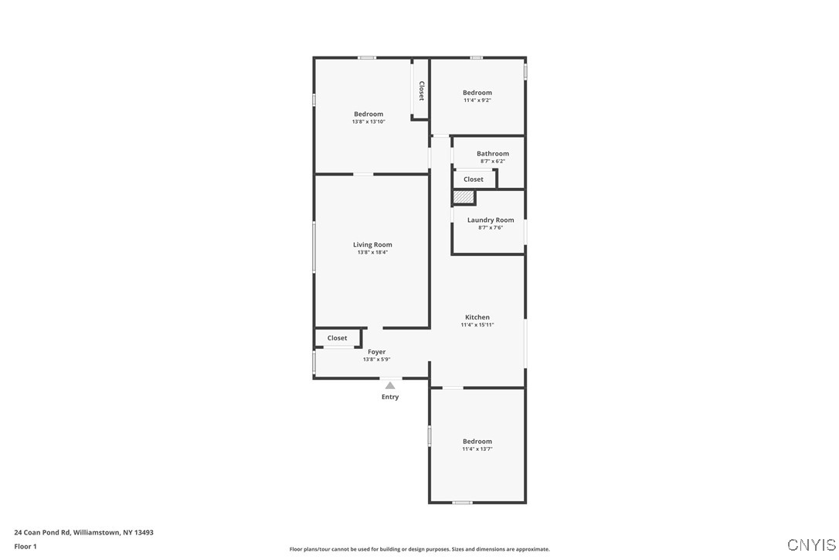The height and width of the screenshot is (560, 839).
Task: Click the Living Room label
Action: (372, 245)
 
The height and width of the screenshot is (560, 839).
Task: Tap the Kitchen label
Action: (477, 317)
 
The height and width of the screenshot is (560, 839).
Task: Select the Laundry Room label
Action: (491, 220)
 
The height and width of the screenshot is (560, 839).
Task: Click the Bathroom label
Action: (493, 154)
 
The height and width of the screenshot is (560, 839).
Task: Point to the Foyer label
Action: (377, 352)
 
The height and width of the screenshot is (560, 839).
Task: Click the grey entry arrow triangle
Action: (390, 385)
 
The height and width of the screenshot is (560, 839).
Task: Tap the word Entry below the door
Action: (390, 397)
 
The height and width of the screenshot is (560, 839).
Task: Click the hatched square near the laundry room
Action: (463, 197)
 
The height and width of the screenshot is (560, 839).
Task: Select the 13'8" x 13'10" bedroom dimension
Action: (369, 121)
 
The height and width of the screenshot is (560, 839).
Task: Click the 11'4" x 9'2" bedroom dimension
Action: (477, 100)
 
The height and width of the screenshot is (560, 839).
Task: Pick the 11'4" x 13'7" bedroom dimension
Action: (477, 449)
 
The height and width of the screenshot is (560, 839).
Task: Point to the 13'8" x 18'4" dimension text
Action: (372, 252)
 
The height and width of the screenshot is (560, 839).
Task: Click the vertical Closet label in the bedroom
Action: (421, 90)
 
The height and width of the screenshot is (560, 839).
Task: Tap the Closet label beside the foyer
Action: (338, 338)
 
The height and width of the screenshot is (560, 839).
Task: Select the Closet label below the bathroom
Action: (474, 179)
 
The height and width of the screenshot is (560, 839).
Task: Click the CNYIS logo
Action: (811, 545)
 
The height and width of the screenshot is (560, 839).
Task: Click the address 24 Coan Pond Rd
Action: (83, 532)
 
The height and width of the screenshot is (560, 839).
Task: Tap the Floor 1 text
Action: (25, 546)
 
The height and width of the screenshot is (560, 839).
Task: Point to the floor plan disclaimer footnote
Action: (419, 549)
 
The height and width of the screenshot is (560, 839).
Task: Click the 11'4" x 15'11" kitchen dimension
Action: (477, 325)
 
